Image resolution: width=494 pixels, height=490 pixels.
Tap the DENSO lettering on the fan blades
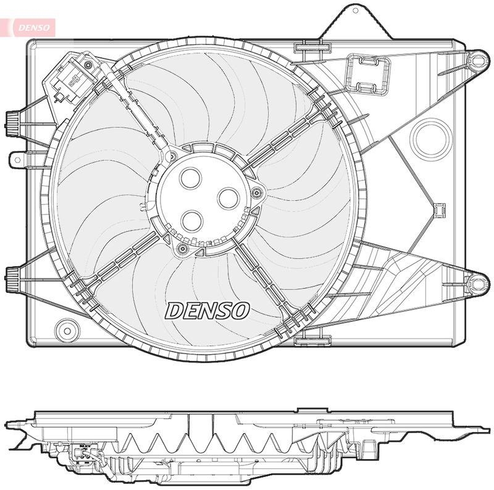207,310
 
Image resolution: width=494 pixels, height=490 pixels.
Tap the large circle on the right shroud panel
432,137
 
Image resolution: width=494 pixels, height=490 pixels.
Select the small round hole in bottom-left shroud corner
64,327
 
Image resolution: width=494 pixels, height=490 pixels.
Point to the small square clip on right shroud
439,211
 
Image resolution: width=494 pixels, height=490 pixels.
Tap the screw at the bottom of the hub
182,248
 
